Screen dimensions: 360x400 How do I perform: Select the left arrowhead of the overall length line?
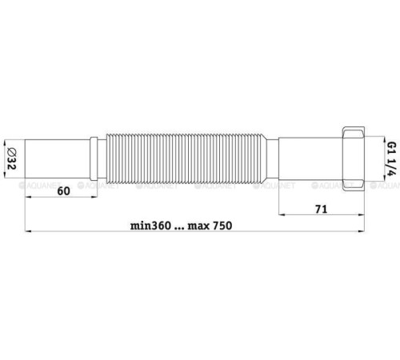pyautogui.click(x=28, y=233)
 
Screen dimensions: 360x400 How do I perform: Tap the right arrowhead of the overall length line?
pyautogui.click(x=369, y=233)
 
